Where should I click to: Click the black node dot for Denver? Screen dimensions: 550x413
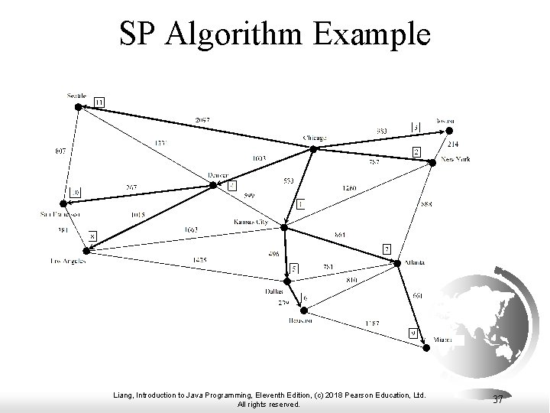coord(212,184)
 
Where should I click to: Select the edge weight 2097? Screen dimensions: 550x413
coord(202,121)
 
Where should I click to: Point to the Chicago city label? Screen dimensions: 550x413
coord(314,138)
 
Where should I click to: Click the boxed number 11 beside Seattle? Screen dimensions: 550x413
coord(100,102)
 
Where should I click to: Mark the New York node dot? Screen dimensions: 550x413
coord(433,160)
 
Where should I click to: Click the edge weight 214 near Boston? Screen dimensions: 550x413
coord(452,145)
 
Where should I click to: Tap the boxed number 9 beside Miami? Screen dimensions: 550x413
coord(412,333)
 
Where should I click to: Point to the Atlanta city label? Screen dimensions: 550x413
coord(416,262)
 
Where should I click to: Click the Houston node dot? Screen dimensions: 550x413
coord(304,310)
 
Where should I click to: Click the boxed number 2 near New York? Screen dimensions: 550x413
coord(416,151)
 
